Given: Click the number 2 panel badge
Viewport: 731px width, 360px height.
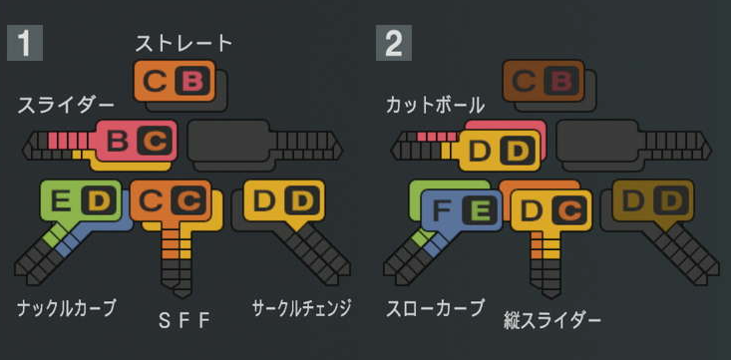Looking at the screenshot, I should coord(392,44).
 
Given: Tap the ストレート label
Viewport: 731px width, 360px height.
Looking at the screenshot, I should coord(184,43).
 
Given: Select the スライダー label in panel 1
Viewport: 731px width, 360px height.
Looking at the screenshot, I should coord(66,103).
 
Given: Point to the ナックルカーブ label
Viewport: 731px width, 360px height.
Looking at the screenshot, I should coord(66,307).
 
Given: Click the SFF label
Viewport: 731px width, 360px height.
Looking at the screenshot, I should coord(185,320).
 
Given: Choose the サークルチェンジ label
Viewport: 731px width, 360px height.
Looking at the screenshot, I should coord(301,308).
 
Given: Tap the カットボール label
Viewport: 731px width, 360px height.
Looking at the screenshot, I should coord(435,104).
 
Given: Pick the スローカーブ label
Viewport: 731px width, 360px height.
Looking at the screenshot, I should coord(435,307).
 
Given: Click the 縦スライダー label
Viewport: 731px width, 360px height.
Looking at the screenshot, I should coord(552,320).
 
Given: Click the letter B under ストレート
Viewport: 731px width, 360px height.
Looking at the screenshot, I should coord(192,81).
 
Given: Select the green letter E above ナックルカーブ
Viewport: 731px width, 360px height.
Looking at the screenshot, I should coord(62,201).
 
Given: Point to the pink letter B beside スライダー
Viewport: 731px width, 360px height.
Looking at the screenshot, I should coord(117,142).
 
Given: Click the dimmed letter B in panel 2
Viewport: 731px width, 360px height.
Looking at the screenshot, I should coord(561,81).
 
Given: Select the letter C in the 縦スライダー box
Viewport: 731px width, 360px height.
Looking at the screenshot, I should coord(566,210).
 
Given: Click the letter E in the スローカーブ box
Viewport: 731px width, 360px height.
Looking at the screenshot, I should coord(480,210).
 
